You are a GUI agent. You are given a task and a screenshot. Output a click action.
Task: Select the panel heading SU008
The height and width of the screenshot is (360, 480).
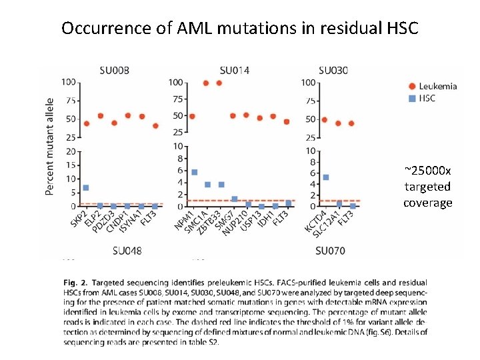(114, 70)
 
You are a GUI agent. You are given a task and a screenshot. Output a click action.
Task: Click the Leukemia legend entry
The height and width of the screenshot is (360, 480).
(437, 86)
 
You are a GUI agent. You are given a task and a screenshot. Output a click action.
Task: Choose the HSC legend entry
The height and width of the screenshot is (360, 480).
(427, 98)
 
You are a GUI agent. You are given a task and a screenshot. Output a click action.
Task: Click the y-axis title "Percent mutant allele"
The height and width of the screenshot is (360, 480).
(50, 147)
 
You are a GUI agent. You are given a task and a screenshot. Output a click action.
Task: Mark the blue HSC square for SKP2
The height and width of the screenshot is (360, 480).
(86, 188)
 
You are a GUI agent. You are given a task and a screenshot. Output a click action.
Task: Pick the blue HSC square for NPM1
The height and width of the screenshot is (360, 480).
(194, 172)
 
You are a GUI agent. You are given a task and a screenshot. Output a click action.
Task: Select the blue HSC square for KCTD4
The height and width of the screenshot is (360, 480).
(325, 177)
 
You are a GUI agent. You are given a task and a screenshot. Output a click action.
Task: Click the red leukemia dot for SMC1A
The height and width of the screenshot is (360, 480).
(206, 83)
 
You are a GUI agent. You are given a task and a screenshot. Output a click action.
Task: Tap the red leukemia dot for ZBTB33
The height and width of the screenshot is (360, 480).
(219, 83)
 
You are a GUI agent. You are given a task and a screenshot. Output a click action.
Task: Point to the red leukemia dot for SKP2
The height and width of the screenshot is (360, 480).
(86, 123)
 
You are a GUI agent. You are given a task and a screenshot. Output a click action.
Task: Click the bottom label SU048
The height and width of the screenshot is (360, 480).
(127, 251)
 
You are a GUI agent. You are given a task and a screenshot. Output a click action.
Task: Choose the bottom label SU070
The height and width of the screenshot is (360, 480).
(331, 251)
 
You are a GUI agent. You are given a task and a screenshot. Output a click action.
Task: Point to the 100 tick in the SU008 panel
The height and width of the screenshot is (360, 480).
(68, 82)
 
